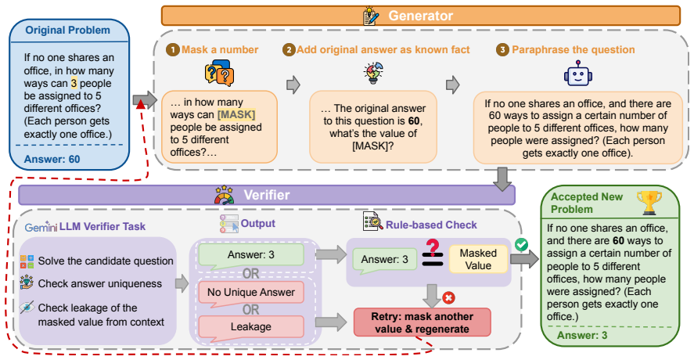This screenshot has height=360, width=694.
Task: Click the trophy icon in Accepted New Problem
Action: point(649,203)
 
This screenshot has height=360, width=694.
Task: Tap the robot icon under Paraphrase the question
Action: point(577,74)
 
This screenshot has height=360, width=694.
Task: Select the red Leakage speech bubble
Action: point(251,328)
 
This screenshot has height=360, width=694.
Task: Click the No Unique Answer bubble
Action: point(251,293)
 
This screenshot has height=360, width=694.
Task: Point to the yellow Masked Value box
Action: point(478,259)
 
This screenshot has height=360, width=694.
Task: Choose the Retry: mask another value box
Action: point(422,322)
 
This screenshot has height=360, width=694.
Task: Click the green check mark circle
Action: point(521,244)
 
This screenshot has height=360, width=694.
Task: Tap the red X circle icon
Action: point(448,297)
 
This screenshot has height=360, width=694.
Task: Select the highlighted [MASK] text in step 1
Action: point(236,115)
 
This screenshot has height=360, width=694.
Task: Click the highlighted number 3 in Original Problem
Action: point(74,83)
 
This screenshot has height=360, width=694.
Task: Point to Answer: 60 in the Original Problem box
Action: point(52,159)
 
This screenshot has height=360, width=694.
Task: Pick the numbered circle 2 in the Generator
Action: point(289,49)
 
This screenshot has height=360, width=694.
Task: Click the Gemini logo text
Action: point(41,227)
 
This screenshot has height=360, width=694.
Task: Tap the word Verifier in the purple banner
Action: point(267,195)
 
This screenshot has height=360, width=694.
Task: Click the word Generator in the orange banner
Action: point(420,16)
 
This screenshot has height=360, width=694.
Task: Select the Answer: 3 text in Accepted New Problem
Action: point(581,335)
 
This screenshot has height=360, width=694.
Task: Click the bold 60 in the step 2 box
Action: point(414,121)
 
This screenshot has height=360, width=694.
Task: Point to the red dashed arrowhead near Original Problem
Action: point(141,105)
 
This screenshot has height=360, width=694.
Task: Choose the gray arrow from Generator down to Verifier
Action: point(502,179)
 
